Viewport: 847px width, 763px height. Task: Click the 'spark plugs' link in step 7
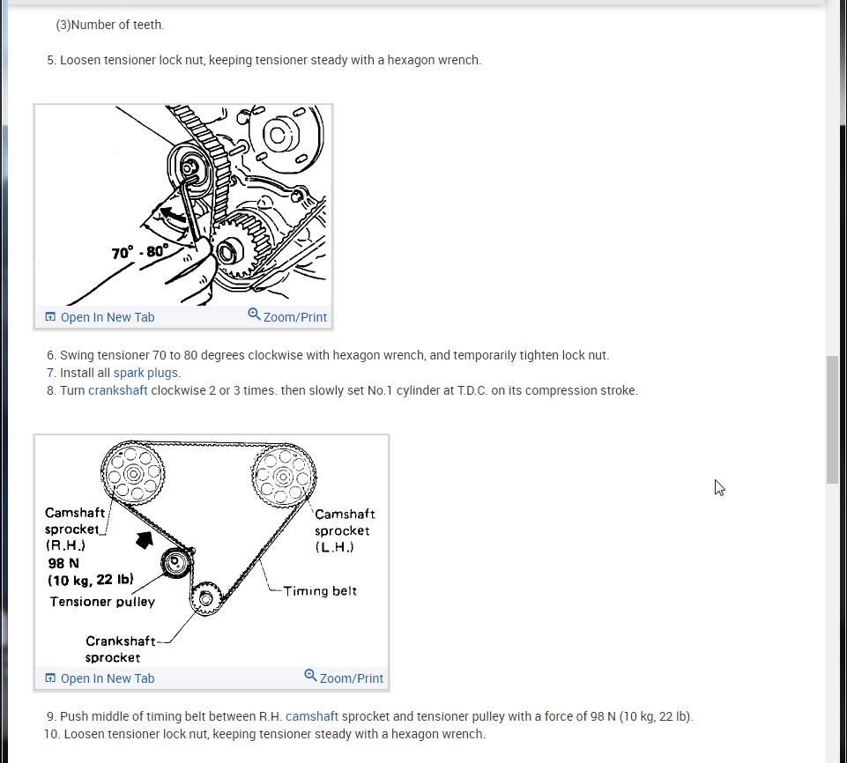coord(146,373)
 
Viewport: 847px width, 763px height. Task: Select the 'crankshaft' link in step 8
coord(118,390)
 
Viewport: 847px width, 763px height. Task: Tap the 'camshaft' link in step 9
coord(311,716)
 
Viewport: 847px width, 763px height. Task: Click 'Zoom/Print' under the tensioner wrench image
coord(287,316)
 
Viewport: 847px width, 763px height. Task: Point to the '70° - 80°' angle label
coord(139,252)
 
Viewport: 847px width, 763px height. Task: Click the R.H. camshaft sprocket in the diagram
coord(132,473)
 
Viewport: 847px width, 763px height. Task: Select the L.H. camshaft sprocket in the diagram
coord(283,476)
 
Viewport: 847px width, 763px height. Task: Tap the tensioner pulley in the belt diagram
coord(176,564)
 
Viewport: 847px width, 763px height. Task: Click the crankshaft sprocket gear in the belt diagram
coord(206,599)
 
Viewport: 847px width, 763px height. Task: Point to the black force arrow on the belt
coord(143,539)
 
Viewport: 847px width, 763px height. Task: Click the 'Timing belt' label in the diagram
coord(320,591)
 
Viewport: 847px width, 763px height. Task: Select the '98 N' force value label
coord(64,563)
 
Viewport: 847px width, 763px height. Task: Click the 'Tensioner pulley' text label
coord(102,602)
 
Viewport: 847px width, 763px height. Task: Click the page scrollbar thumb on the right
coord(832,419)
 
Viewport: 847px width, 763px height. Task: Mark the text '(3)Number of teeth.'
coord(110,25)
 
